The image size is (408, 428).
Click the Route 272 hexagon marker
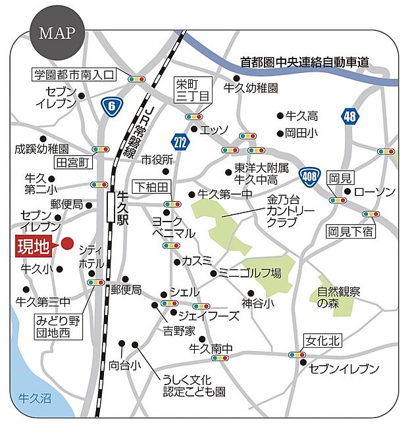click(180, 141)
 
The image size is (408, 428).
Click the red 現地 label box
click(33, 247)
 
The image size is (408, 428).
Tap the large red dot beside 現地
click(67, 245)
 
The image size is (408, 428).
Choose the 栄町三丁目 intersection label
click(193, 90)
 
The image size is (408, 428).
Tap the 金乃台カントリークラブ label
click(291, 211)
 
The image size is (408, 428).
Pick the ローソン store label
click(374, 191)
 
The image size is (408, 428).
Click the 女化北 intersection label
click(322, 341)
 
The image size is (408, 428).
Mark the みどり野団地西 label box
click(59, 326)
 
